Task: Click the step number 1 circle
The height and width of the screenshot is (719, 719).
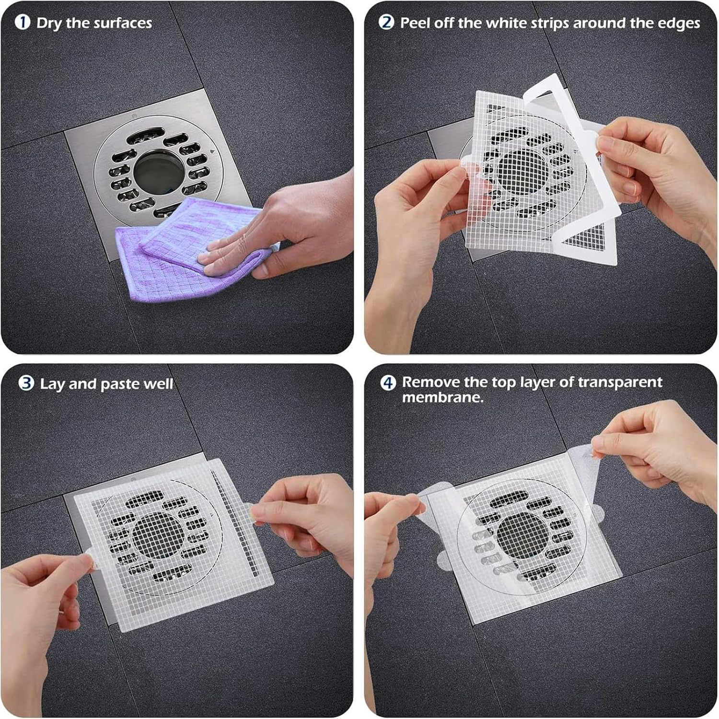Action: [x=22, y=23]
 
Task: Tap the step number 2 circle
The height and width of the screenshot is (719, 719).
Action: [x=386, y=23]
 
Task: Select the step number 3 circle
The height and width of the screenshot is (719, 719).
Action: [x=26, y=383]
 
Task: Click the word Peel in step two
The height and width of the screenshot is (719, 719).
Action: [x=415, y=23]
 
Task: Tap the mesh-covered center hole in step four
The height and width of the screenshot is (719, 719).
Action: [x=520, y=534]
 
